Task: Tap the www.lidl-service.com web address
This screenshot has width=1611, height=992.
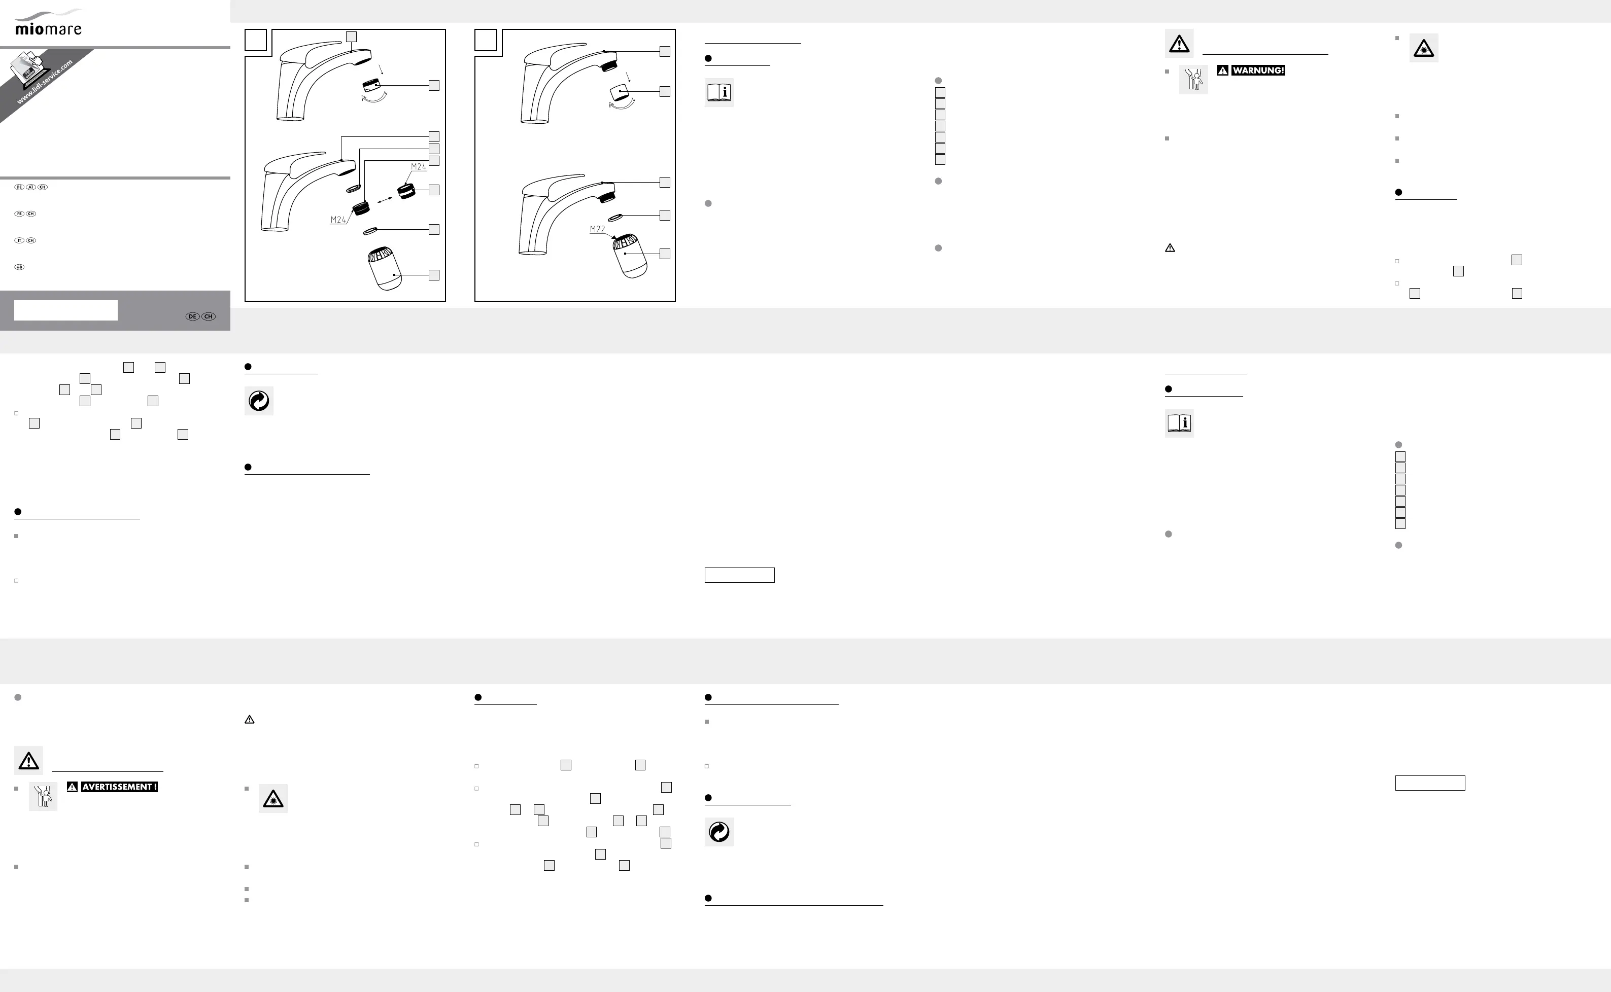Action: (x=44, y=83)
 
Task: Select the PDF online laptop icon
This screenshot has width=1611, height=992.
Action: (x=26, y=68)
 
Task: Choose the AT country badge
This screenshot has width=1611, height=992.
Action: (x=31, y=187)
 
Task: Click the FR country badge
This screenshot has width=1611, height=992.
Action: (x=19, y=214)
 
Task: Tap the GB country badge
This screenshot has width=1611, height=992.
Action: (x=19, y=268)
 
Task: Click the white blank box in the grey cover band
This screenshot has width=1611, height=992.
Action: (x=65, y=310)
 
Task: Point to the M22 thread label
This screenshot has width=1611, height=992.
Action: (x=597, y=229)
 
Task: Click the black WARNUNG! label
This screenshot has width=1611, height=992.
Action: (x=1258, y=70)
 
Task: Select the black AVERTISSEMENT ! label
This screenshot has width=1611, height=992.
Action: (x=119, y=787)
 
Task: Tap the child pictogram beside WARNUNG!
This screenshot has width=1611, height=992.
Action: (x=1193, y=80)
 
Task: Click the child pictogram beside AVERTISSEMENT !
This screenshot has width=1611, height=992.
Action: (x=43, y=796)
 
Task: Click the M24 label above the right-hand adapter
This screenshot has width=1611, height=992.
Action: (x=418, y=167)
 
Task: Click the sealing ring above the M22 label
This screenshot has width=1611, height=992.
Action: (x=615, y=217)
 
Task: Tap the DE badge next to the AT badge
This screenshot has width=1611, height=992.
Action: (x=19, y=187)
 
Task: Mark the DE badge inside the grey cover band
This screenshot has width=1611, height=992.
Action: (x=192, y=316)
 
